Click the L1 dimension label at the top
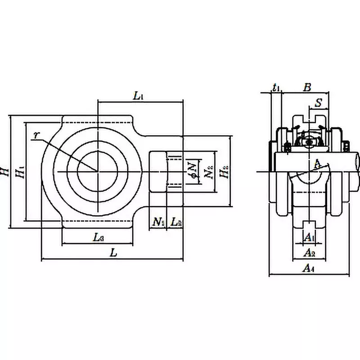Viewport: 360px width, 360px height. coord(138,96)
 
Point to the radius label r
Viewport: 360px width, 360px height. coord(36,135)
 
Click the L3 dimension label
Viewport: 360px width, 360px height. coord(99,238)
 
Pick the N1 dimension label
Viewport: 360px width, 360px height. coord(158,221)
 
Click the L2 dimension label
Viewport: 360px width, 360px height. coord(176,221)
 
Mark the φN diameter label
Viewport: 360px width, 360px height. coord(192,168)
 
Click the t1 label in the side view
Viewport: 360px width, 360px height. coord(276,87)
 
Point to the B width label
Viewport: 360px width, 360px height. coord(307,87)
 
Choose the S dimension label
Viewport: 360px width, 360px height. coord(318,103)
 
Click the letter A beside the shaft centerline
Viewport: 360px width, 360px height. coord(317,162)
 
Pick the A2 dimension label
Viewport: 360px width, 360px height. coord(309,253)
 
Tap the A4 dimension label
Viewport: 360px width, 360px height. coord(308,269)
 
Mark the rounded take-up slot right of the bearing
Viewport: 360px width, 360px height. coord(158,171)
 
